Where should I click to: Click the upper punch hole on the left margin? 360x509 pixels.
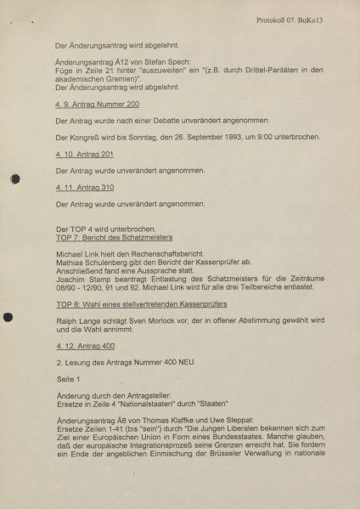[x=14, y=178]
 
